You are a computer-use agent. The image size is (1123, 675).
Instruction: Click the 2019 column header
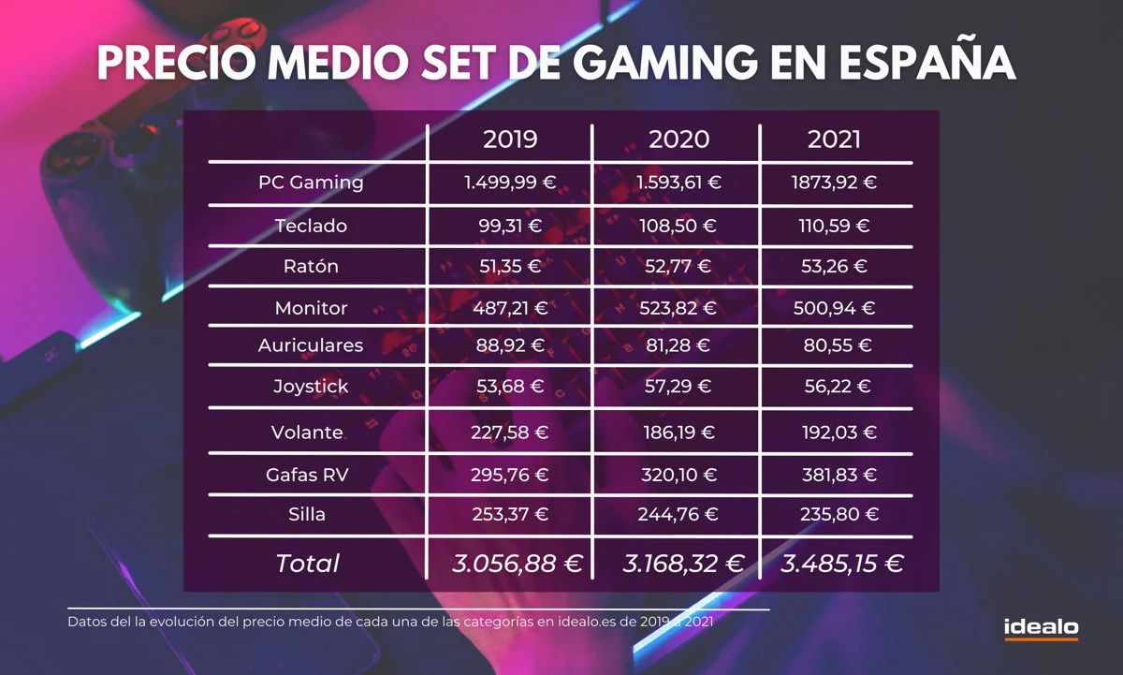point(510,139)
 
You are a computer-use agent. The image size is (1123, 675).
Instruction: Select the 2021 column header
point(834,139)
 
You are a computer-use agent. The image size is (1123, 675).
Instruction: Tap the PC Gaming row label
point(311,183)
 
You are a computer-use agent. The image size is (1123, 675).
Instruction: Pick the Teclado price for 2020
point(678,226)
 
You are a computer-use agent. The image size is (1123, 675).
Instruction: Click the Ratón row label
point(311,267)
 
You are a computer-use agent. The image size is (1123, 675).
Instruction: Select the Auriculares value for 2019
point(510,345)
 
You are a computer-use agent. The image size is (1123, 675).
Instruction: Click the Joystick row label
point(311,386)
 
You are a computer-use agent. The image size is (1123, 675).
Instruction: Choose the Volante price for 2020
point(678,433)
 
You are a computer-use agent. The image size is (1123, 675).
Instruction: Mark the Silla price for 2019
point(510,514)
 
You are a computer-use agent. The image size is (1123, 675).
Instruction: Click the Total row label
point(307,564)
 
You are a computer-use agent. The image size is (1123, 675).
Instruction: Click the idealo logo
point(1041,628)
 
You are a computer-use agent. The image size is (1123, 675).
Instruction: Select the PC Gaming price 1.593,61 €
point(678,183)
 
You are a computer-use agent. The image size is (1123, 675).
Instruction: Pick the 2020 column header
point(678,139)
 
